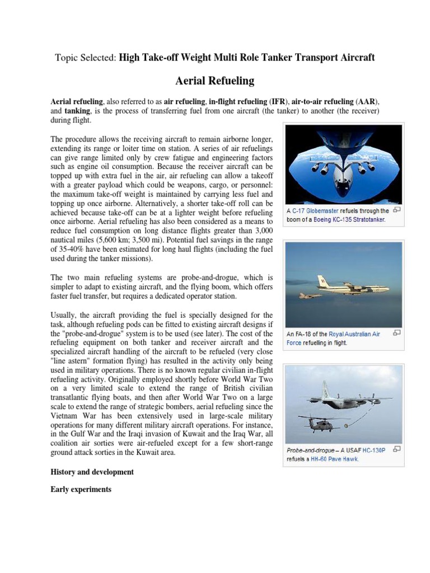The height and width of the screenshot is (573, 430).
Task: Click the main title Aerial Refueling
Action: click(215, 81)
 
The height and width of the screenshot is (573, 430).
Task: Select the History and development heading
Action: click(92, 472)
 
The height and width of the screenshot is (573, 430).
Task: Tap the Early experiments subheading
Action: click(81, 490)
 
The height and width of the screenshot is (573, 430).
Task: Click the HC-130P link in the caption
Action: click(373, 449)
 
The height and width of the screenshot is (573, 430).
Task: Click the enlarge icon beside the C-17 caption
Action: click(397, 210)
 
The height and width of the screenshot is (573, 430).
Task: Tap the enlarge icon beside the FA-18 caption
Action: click(397, 333)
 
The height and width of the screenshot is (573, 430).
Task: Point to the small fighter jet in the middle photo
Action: click(310, 295)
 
